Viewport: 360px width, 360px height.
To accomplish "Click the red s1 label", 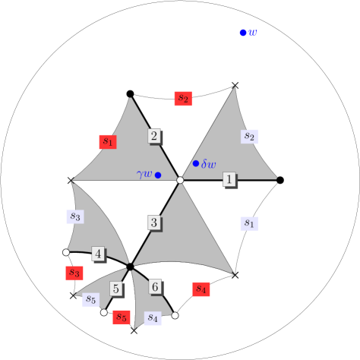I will [107, 141].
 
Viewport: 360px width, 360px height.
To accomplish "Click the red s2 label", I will [182, 98].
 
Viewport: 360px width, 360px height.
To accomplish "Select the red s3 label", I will [74, 272].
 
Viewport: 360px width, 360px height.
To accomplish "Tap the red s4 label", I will [201, 289].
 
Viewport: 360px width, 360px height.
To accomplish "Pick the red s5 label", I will [121, 317].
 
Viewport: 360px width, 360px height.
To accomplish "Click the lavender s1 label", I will [248, 223].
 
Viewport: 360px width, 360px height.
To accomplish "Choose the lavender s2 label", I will [249, 137].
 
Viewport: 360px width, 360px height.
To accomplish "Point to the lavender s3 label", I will [74, 216].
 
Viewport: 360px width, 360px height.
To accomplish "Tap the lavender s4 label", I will [153, 317].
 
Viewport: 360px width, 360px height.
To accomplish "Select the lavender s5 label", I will [90, 299].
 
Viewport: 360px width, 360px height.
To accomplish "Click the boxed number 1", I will [229, 178].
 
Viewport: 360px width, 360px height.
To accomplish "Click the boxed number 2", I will [153, 136].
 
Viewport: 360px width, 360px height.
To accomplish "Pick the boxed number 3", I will [153, 223].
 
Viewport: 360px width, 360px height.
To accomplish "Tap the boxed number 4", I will [98, 253].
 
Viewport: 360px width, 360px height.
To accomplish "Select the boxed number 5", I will [115, 289].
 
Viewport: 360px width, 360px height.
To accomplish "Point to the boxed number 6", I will [155, 286].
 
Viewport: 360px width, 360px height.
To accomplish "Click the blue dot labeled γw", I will [158, 175].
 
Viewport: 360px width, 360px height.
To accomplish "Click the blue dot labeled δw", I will [196, 163].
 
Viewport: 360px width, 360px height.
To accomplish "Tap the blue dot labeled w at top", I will [243, 33].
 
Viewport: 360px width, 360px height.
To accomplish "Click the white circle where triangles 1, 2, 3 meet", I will [180, 180].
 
